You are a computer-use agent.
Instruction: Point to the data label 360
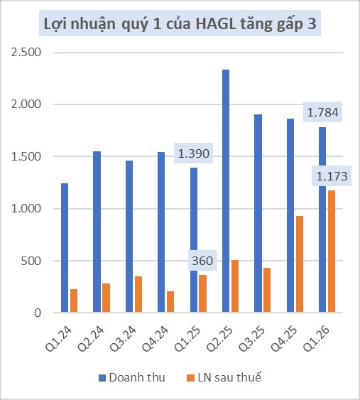tap(202, 261)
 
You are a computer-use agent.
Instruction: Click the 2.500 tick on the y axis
tap(27, 53)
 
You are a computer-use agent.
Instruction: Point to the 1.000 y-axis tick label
tap(27, 209)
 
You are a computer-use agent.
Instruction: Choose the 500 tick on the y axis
tap(32, 261)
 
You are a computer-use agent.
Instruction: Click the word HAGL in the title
tap(214, 26)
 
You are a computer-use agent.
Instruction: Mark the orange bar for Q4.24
tap(170, 302)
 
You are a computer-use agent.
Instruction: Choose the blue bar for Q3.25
tap(258, 213)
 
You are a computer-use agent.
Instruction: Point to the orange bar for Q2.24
tap(106, 298)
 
